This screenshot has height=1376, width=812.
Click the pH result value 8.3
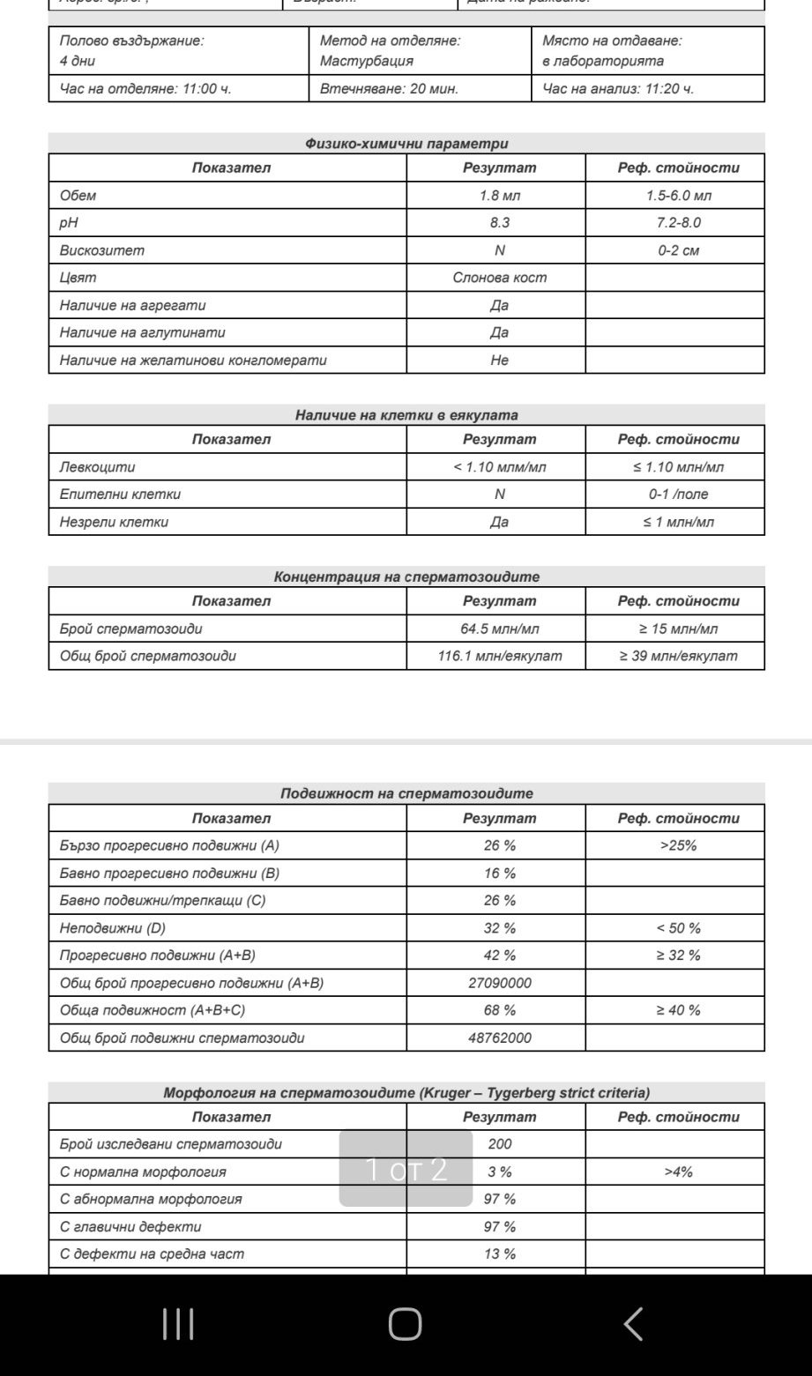point(499,223)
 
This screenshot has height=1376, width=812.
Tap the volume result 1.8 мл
point(499,196)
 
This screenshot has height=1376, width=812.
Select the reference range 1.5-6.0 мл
point(678,196)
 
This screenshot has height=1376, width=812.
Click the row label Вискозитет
point(102,250)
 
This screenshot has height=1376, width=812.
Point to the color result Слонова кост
point(499,278)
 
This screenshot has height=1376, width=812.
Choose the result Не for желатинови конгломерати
point(499,360)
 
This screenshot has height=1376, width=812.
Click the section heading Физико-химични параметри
point(406,144)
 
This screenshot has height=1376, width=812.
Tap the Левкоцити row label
point(98,467)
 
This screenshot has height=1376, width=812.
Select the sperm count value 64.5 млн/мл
point(499,628)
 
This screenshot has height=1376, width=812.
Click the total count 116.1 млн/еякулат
point(499,656)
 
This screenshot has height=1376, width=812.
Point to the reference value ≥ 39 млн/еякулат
point(678,656)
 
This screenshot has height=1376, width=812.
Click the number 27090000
point(499,983)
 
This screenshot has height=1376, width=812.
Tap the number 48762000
point(499,1038)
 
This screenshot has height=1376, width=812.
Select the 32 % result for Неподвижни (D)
point(499,928)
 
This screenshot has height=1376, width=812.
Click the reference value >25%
point(678,845)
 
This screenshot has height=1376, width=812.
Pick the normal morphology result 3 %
point(499,1171)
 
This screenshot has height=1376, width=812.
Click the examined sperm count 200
point(499,1144)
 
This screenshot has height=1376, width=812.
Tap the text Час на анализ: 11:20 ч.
point(618,88)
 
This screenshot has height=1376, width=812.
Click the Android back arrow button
point(633,1324)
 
